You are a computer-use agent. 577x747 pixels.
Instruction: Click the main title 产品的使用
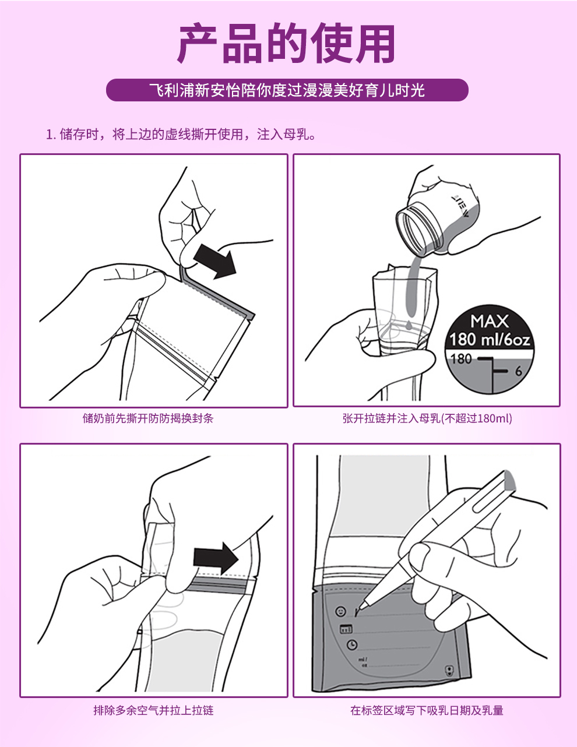click(x=286, y=43)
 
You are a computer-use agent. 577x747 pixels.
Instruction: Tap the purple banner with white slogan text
click(x=287, y=90)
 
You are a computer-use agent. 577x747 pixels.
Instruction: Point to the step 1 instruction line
click(x=181, y=134)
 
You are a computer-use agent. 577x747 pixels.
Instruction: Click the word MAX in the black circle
click(x=490, y=322)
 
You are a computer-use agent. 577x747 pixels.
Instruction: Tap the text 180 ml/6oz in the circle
click(x=490, y=340)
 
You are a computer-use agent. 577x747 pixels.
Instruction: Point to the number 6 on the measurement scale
click(x=519, y=371)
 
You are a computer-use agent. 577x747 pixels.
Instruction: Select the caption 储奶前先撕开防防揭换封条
click(x=148, y=418)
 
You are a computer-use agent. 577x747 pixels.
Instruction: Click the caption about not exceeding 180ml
click(x=427, y=418)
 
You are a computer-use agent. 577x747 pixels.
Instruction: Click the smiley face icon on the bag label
click(x=341, y=612)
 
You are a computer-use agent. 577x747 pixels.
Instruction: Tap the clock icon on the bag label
click(x=352, y=644)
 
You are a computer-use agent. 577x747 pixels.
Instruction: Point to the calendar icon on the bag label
click(x=346, y=629)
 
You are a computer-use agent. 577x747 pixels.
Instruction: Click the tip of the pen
click(x=356, y=616)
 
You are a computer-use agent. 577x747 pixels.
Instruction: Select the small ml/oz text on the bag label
click(x=363, y=663)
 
